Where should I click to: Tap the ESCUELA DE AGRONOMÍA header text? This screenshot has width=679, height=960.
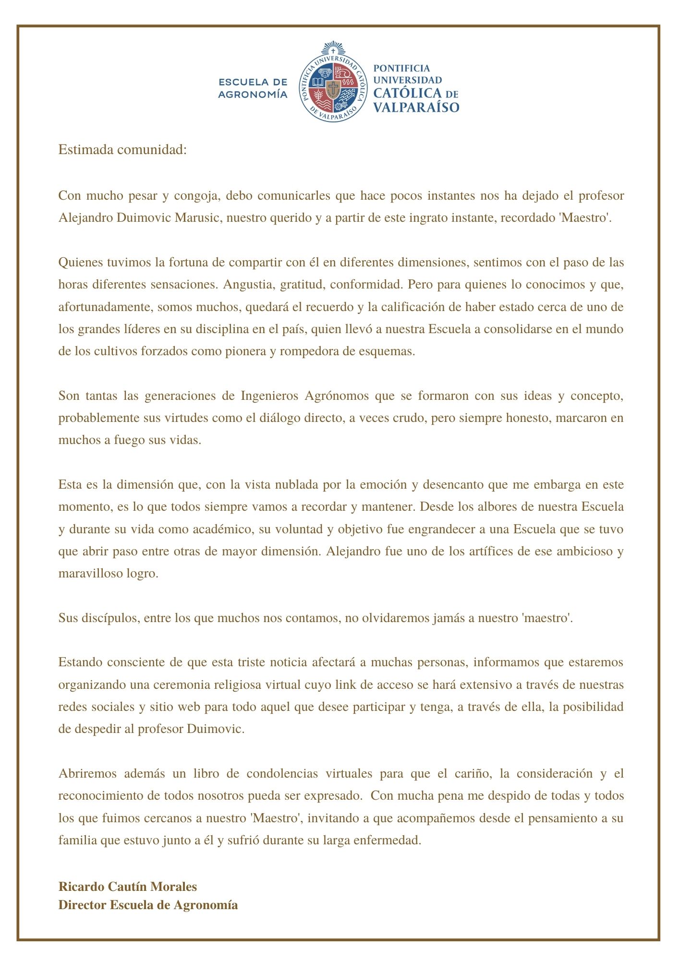[x=253, y=88]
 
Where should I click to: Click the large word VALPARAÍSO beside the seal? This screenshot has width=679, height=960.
[x=416, y=107]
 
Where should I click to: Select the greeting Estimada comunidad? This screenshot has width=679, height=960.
[x=122, y=150]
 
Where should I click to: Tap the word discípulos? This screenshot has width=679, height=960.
[x=108, y=618]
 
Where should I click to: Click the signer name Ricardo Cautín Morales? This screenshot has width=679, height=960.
[x=128, y=887]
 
